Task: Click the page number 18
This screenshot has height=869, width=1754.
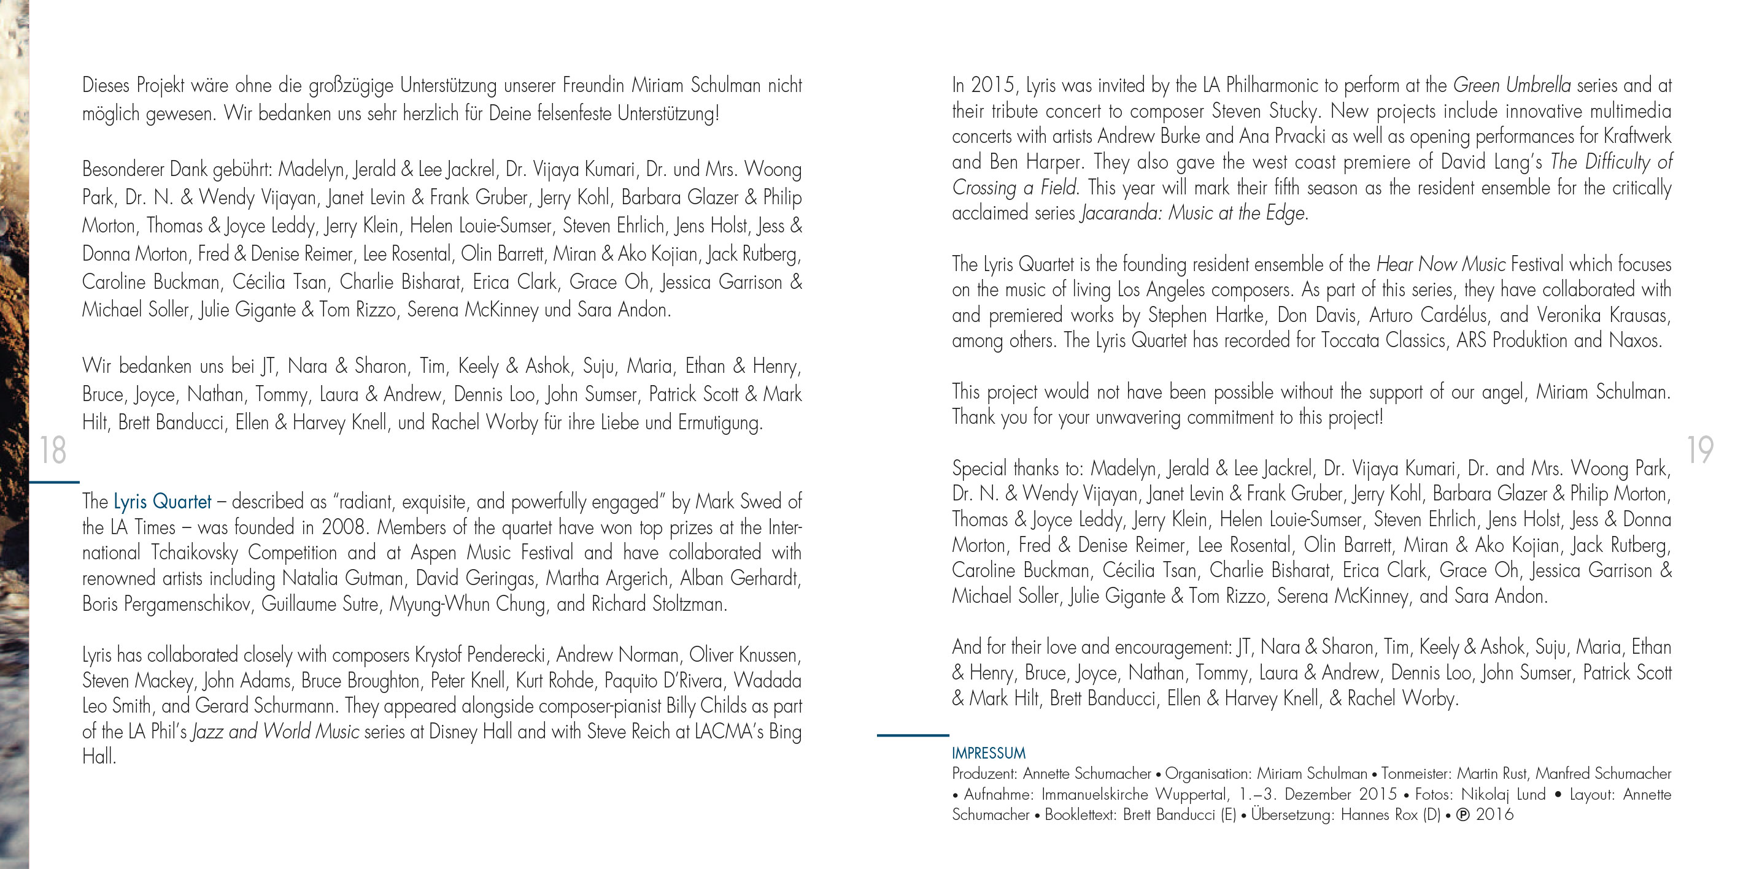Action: [52, 450]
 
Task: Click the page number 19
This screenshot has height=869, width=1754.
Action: [1700, 450]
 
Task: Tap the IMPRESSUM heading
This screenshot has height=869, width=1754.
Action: [988, 753]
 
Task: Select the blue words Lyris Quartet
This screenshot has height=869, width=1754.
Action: [162, 502]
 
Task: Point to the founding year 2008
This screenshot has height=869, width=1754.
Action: [343, 527]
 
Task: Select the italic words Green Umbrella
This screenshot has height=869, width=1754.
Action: [1512, 86]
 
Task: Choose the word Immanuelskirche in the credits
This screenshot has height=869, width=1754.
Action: [1095, 794]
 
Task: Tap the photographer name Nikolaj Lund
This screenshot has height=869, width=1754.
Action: [1504, 794]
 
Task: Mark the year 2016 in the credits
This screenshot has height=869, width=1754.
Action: [1494, 814]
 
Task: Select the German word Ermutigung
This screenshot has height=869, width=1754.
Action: [720, 423]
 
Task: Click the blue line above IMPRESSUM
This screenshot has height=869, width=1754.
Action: [913, 735]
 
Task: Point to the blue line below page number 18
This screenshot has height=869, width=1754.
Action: [54, 482]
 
